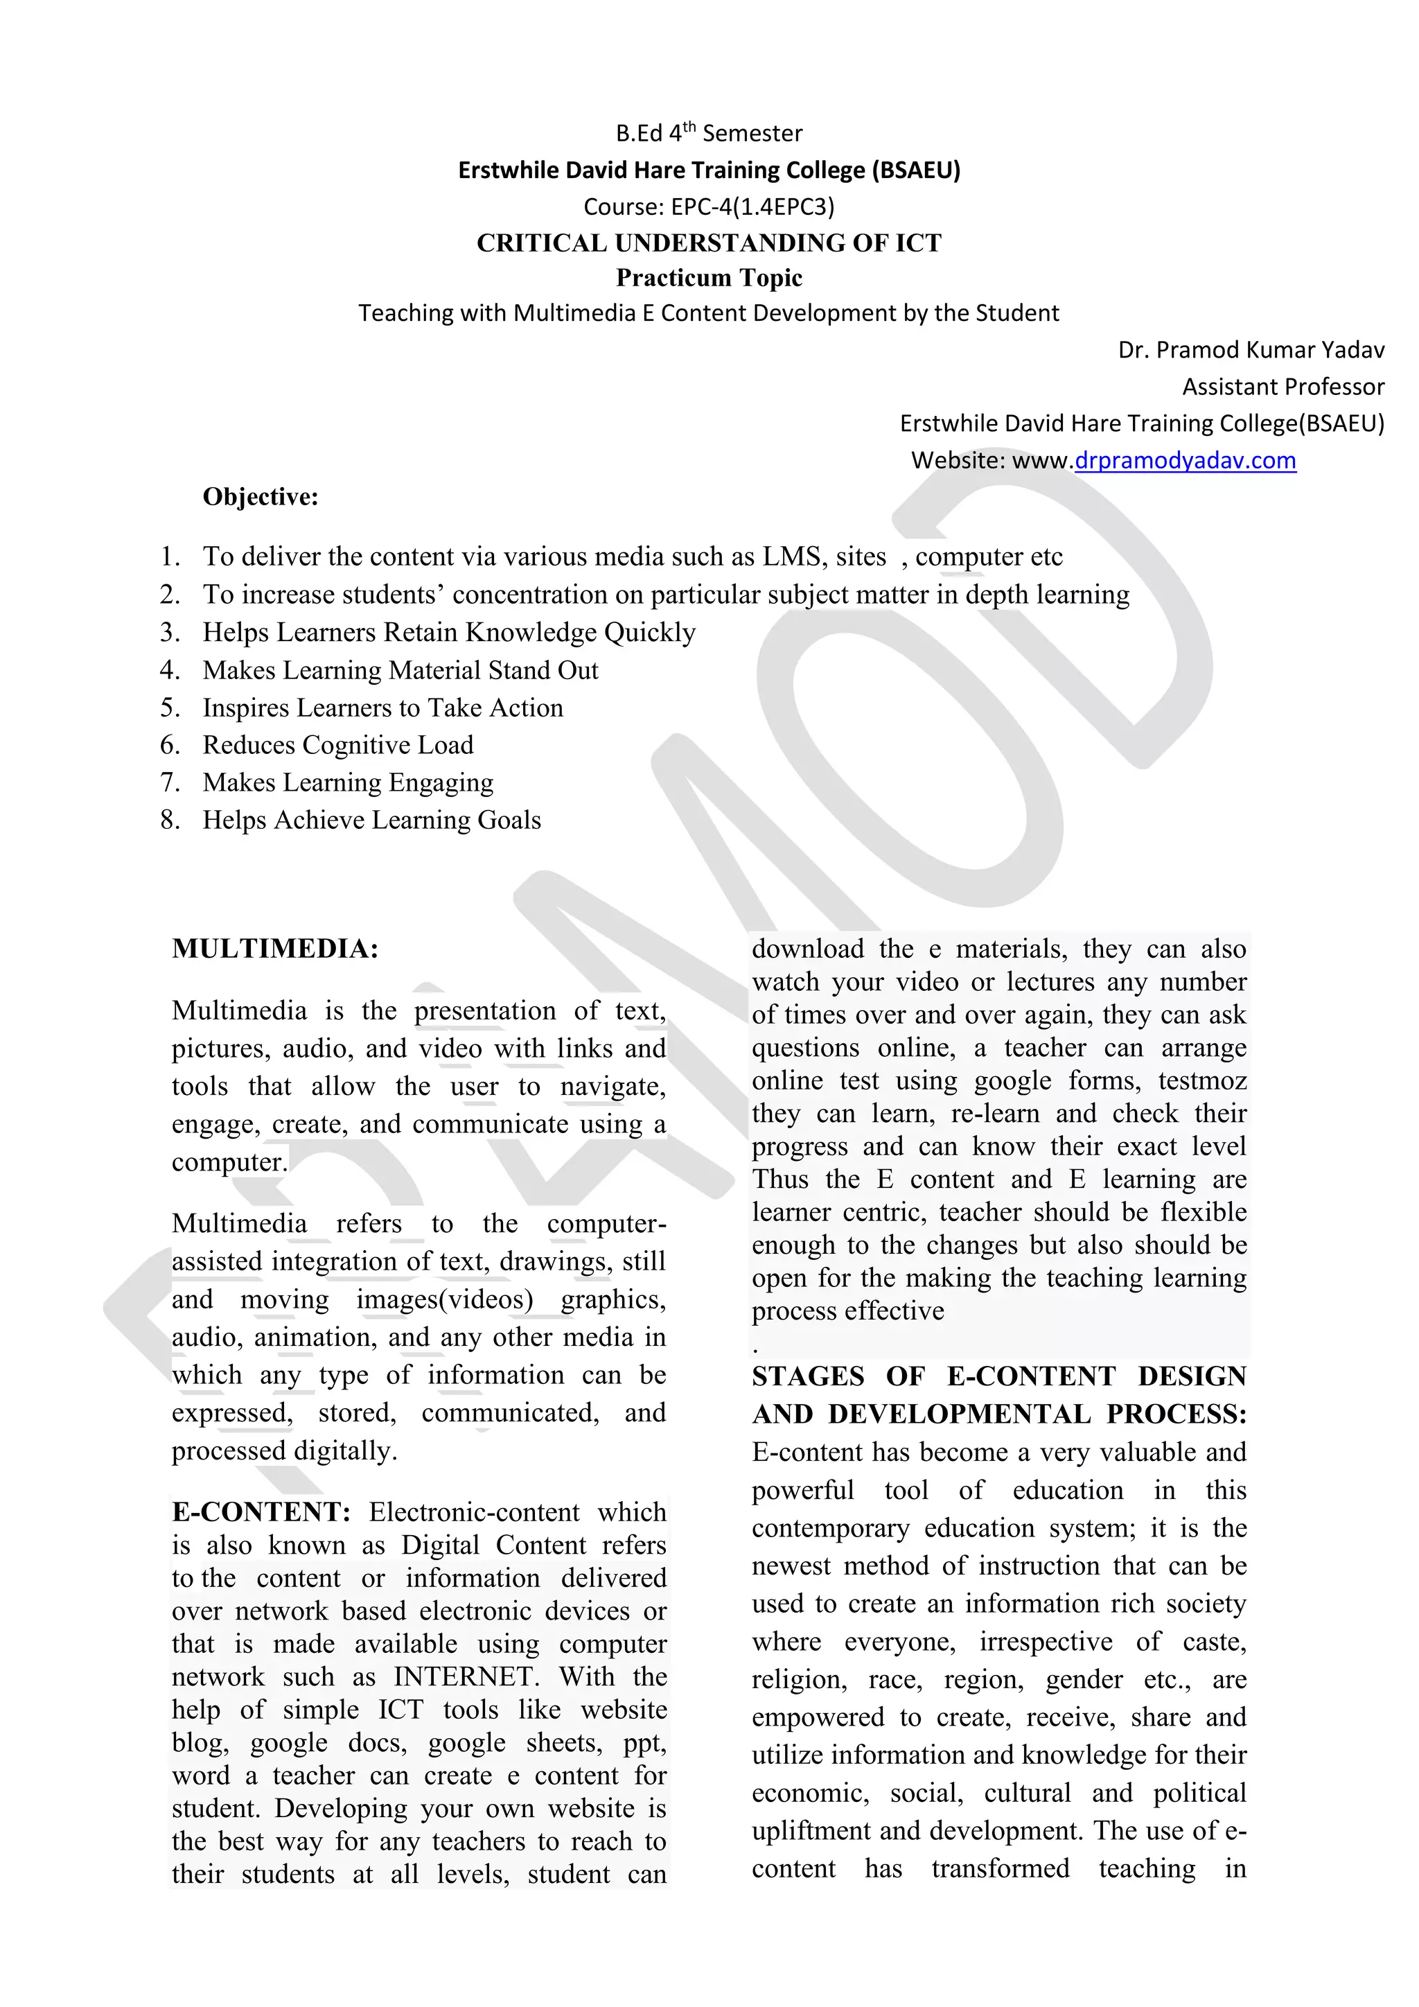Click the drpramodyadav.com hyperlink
pos(1185,461)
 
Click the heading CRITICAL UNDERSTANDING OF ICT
pos(709,243)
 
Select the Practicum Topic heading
pos(709,278)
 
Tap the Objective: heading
pos(261,498)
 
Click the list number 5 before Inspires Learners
pos(170,708)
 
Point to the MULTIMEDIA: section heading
pos(275,949)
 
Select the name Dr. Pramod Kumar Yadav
pos(1251,351)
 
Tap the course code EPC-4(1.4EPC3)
pos(752,207)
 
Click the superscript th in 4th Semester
pos(689,127)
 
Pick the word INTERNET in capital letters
pos(462,1676)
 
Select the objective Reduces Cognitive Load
pos(338,746)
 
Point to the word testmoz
pos(1201,1081)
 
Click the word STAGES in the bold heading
pos(807,1377)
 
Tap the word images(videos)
pos(444,1300)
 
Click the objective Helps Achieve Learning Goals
pos(371,821)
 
